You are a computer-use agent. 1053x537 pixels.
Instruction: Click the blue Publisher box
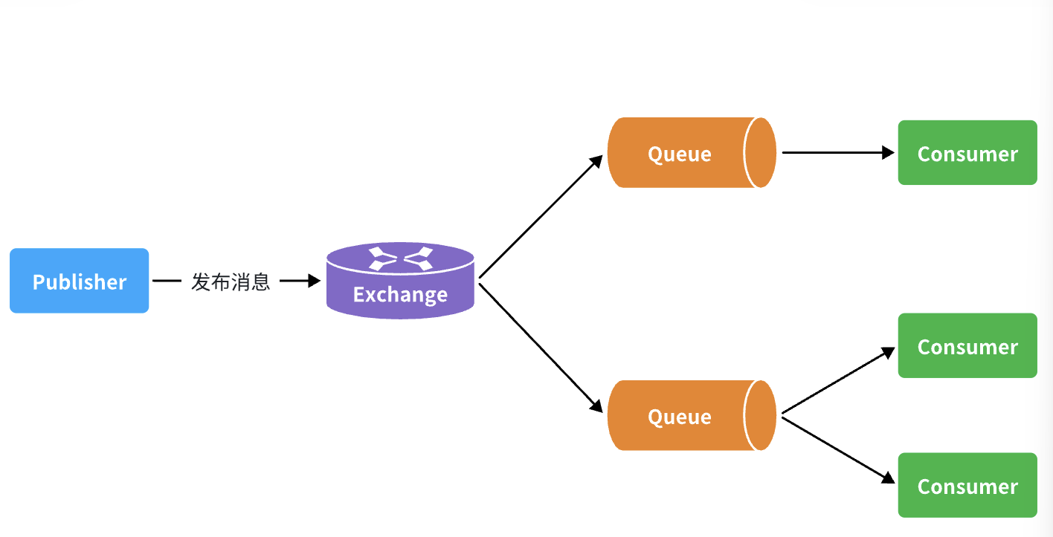tap(79, 281)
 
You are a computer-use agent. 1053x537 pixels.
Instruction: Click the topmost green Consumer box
tap(967, 153)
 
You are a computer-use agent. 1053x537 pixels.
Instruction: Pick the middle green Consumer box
tap(967, 346)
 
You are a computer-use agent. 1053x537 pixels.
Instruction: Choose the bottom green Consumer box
tap(967, 486)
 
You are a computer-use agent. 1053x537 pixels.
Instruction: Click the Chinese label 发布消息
tap(231, 281)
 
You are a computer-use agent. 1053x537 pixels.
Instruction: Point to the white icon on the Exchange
tap(401, 258)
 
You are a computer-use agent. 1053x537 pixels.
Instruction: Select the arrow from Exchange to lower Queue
tap(541, 346)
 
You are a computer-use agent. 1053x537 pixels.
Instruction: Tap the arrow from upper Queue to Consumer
tap(837, 153)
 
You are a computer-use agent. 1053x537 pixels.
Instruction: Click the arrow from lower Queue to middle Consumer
tap(837, 380)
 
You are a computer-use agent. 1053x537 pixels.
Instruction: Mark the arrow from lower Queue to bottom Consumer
tap(837, 449)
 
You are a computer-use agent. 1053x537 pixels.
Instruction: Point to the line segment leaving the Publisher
tap(167, 281)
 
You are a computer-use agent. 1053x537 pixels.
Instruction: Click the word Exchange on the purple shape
tap(400, 295)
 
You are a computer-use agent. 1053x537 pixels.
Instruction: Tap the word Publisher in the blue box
tap(80, 282)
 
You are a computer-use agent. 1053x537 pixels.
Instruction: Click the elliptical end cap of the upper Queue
tap(761, 153)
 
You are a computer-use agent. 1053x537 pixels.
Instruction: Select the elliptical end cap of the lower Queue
tap(761, 416)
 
